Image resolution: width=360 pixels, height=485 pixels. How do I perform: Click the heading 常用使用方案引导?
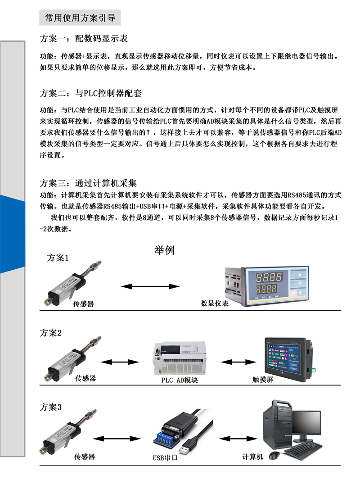pyautogui.click(x=80, y=18)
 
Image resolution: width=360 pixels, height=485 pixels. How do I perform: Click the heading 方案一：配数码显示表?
pyautogui.click(x=83, y=39)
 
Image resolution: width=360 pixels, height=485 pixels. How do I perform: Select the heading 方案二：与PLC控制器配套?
pyautogui.click(x=90, y=93)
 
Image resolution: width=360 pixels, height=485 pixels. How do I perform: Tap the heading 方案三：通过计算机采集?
pyautogui.click(x=88, y=183)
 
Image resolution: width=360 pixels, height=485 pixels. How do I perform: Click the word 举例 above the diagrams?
pyautogui.click(x=164, y=250)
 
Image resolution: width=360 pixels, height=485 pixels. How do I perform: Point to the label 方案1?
pyautogui.click(x=58, y=258)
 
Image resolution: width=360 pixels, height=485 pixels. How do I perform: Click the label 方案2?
pyautogui.click(x=51, y=333)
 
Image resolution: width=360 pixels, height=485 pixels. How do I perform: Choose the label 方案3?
pyautogui.click(x=51, y=407)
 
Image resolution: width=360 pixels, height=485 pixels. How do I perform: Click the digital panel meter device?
pyautogui.click(x=266, y=286)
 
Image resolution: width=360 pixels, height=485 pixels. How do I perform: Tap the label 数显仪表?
pyautogui.click(x=215, y=304)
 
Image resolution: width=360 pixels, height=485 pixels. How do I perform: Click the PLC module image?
pyautogui.click(x=179, y=358)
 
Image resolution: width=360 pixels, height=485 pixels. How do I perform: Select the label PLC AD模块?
pyautogui.click(x=180, y=380)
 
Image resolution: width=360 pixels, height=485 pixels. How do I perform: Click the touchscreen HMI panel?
pyautogui.click(x=289, y=360)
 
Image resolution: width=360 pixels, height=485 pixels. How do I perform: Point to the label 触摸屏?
pyautogui.click(x=263, y=380)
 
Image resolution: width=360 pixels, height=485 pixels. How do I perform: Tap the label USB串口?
pyautogui.click(x=165, y=458)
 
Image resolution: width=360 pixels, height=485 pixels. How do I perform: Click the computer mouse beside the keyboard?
pyautogui.click(x=274, y=455)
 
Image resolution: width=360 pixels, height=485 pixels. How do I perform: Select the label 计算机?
pyautogui.click(x=252, y=457)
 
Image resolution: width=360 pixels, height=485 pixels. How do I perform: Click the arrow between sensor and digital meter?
pyautogui.click(x=150, y=286)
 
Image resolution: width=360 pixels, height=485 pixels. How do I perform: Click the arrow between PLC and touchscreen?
pyautogui.click(x=238, y=362)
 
